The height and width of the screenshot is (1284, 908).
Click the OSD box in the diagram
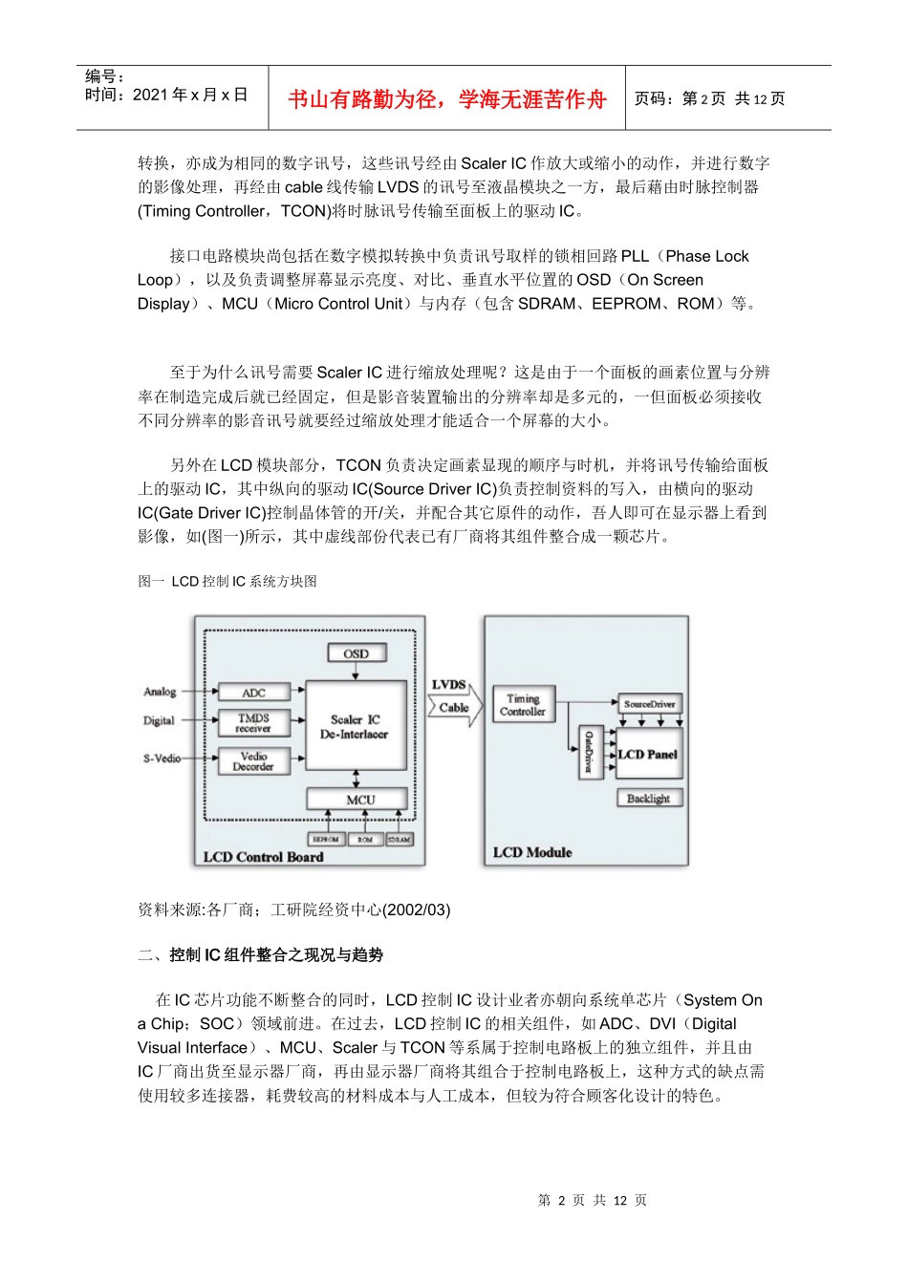click(356, 653)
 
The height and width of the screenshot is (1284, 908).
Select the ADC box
click(253, 692)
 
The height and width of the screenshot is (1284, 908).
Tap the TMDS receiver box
click(253, 722)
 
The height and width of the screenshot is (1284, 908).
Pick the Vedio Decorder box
click(253, 761)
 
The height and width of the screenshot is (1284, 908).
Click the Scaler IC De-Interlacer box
click(355, 726)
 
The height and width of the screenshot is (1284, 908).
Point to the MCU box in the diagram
click(359, 799)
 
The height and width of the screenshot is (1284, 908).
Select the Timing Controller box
click(523, 705)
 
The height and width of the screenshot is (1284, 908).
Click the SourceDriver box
click(649, 704)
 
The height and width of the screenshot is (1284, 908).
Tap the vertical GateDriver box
click(589, 752)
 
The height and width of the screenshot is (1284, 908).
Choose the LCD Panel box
click(648, 754)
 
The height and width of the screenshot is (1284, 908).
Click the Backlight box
click(648, 798)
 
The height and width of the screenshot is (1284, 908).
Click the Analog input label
click(160, 692)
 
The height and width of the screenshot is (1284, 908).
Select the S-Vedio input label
click(162, 759)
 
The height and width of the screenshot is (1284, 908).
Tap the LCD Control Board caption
click(263, 857)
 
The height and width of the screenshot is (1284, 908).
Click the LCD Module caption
click(532, 852)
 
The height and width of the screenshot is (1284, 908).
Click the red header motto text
click(446, 99)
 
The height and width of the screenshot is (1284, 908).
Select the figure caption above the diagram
click(227, 581)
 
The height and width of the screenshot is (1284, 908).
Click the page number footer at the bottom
click(593, 1200)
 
